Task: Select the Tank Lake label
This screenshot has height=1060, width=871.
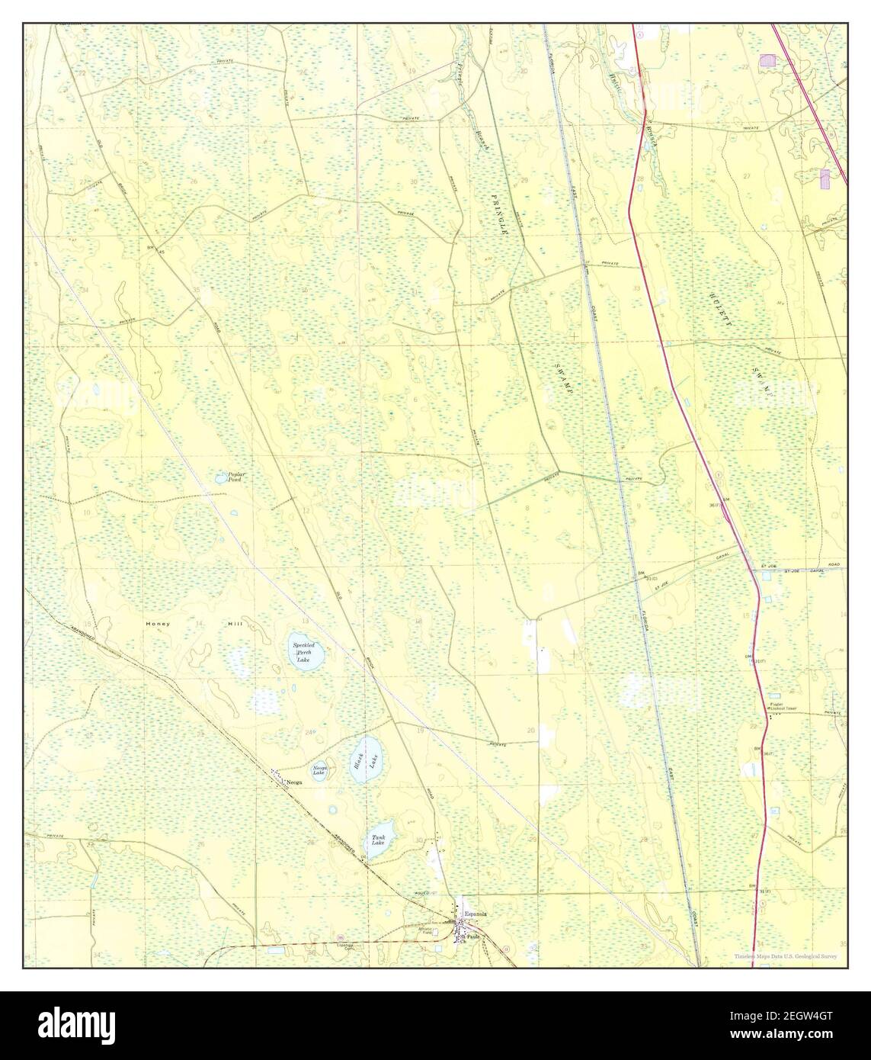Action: click(378, 840)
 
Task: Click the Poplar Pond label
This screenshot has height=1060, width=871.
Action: click(230, 477)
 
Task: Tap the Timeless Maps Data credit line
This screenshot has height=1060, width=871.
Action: click(786, 956)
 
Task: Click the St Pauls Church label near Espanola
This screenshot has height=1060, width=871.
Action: click(474, 937)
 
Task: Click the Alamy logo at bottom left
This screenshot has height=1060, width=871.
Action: click(69, 1025)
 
